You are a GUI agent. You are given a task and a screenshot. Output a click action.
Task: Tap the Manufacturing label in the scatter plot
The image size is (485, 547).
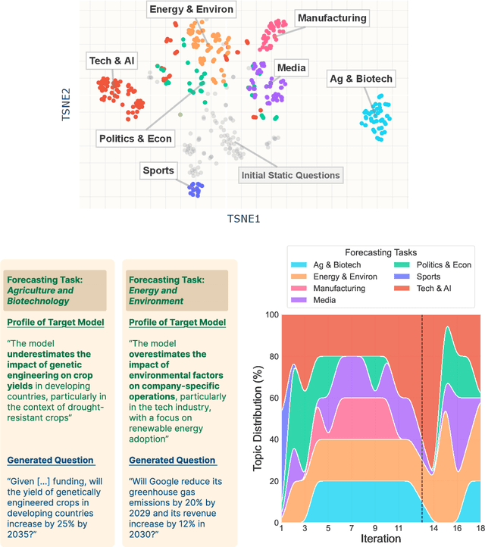coord(332,17)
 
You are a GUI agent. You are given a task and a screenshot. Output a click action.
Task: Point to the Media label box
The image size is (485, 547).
coord(291,68)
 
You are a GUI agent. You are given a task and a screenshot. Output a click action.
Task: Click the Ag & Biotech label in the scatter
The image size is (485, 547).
coord(360,78)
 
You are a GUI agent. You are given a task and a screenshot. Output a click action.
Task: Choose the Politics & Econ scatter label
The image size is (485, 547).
coord(136,139)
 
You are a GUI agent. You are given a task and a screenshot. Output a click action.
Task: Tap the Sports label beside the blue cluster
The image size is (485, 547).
coord(158,170)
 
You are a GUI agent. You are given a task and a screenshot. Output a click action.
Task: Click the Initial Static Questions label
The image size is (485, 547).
coord(290,176)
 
